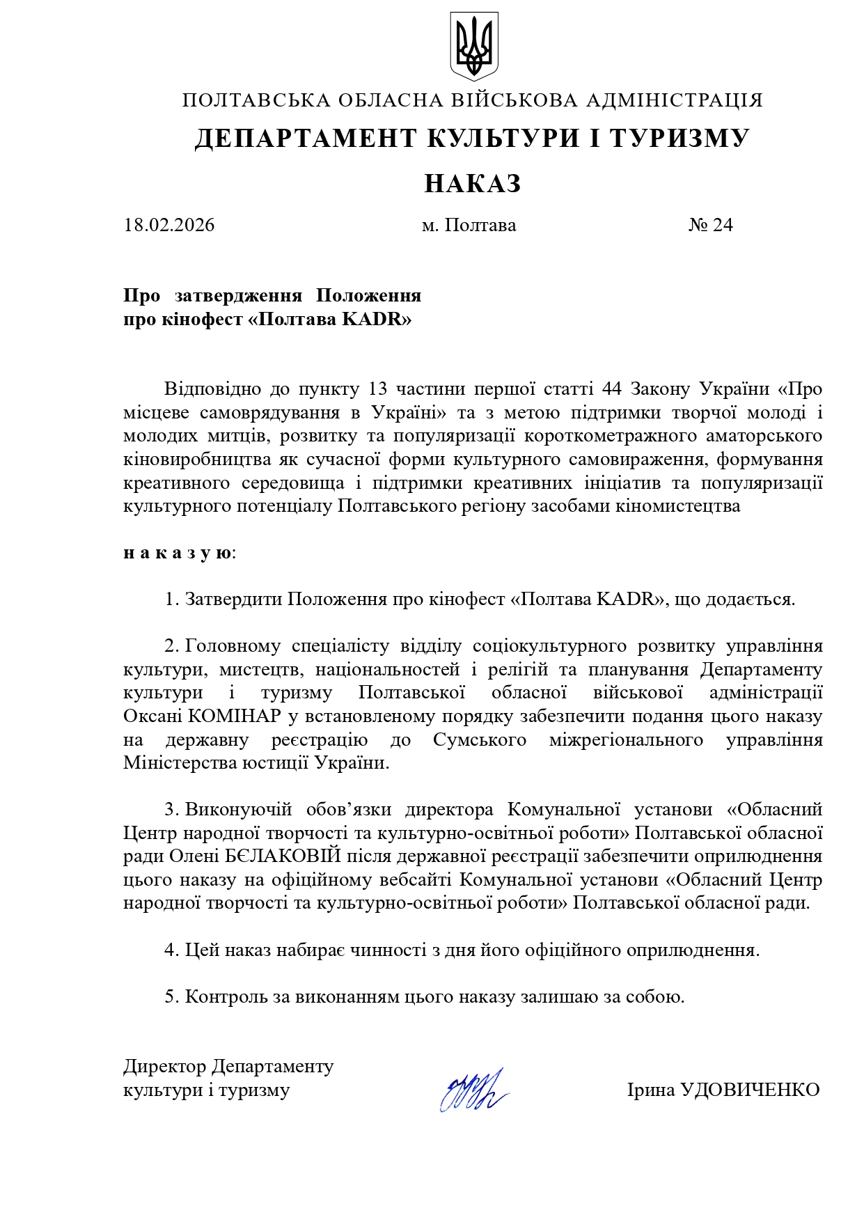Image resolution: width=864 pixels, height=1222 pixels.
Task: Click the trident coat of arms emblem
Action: coord(473,46)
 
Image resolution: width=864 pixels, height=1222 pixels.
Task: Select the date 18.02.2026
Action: coord(169,225)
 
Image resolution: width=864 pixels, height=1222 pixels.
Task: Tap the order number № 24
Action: coord(710,225)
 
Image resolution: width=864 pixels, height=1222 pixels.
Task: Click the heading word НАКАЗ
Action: coord(473,184)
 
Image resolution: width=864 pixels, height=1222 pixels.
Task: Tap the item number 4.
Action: coord(171,950)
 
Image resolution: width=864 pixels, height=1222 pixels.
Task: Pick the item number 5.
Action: coord(171,996)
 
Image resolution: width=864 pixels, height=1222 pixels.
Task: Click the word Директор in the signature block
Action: coord(165,1066)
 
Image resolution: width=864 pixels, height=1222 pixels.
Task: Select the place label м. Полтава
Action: coord(469,225)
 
